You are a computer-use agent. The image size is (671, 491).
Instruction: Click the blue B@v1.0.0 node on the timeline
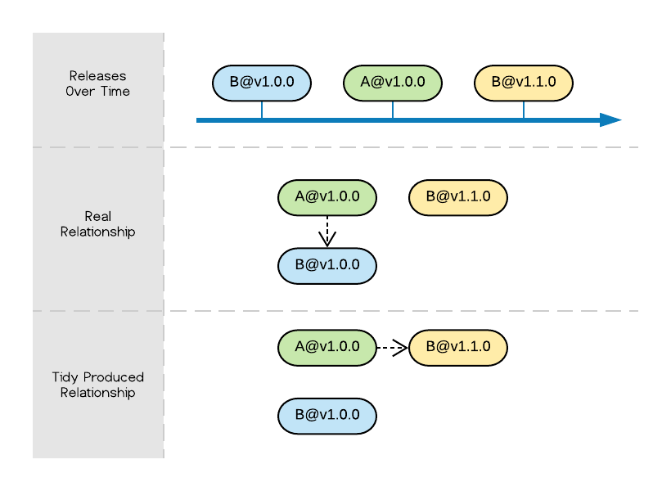tap(262, 83)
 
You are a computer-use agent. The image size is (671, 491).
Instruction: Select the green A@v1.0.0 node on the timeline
tap(393, 83)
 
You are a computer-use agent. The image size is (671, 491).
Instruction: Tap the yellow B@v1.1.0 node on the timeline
tap(524, 83)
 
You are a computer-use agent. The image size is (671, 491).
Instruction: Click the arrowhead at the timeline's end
tap(610, 120)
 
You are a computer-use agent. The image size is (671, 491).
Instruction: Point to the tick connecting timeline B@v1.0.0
tap(262, 110)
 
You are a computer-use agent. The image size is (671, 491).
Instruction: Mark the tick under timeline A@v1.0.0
tap(393, 110)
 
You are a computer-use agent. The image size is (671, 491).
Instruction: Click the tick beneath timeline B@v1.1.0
tap(524, 110)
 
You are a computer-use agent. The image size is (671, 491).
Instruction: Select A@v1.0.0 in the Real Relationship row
tap(327, 197)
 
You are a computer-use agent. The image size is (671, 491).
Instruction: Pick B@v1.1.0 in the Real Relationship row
tap(458, 197)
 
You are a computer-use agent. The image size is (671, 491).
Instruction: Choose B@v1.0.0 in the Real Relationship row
tap(327, 266)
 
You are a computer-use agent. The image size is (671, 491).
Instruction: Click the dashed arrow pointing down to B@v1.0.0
tap(327, 232)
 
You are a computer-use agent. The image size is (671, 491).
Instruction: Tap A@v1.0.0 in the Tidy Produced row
tap(327, 348)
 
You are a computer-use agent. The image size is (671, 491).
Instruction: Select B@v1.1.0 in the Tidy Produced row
tap(458, 348)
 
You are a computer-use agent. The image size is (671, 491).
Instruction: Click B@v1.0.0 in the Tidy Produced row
tap(327, 416)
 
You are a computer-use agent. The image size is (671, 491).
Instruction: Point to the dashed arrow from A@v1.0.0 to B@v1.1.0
tap(392, 348)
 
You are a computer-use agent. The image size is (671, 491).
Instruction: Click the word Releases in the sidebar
tap(97, 76)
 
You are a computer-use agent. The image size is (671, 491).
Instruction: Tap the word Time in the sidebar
tap(115, 92)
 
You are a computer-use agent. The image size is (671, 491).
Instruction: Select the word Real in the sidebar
tap(98, 217)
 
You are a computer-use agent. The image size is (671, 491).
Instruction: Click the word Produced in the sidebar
tap(113, 377)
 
